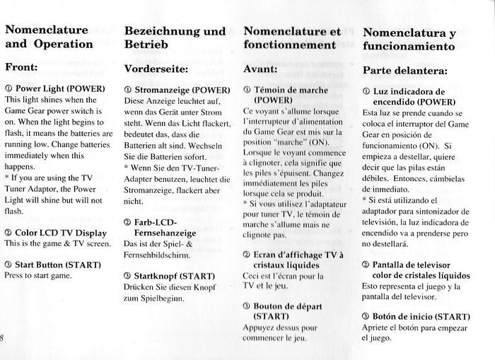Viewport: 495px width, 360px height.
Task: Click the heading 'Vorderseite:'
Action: tap(156, 69)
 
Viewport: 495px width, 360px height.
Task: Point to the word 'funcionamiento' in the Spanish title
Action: tap(408, 47)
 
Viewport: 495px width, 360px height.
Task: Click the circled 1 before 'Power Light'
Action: tap(8, 89)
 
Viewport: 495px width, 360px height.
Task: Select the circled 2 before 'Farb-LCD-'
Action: tap(127, 221)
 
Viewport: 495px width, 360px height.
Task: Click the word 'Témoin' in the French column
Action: tap(269, 90)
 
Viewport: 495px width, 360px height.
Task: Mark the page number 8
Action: tap(3, 337)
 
